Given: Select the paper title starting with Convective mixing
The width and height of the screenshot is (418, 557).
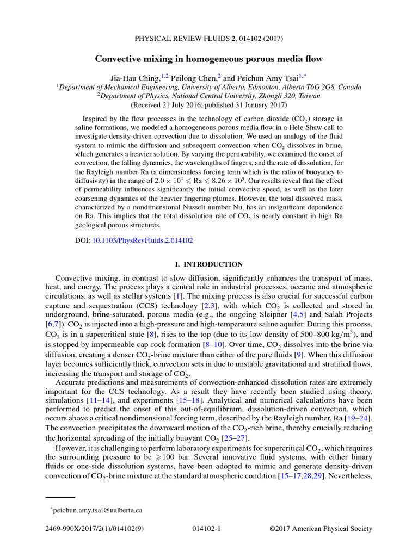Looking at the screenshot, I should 209,58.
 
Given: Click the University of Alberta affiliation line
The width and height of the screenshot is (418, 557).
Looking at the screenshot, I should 209,87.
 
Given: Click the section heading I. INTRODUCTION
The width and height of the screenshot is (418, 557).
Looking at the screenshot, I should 208,264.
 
